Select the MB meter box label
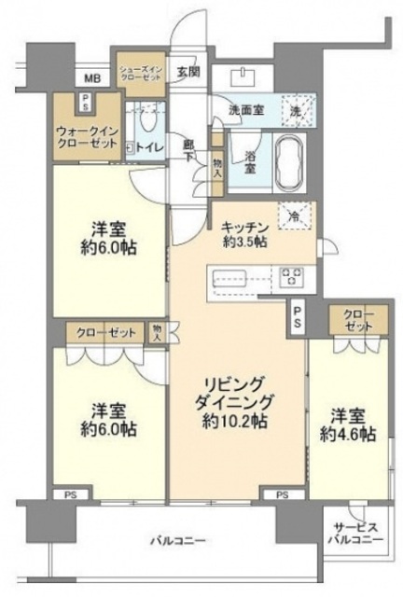pyautogui.click(x=93, y=78)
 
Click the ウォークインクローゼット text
pyautogui.click(x=86, y=139)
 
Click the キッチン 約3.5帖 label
pyautogui.click(x=245, y=232)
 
